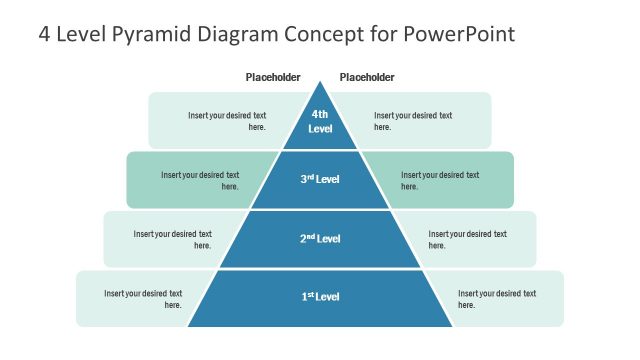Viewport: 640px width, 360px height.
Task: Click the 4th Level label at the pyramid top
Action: (320, 121)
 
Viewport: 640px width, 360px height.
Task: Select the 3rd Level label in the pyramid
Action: (320, 179)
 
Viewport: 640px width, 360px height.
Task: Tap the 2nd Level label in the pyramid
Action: (320, 239)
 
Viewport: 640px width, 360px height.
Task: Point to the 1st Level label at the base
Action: (320, 297)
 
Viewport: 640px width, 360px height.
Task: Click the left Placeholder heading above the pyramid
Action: (273, 77)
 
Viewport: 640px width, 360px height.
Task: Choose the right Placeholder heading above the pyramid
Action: (367, 77)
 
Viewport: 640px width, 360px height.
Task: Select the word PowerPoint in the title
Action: (460, 34)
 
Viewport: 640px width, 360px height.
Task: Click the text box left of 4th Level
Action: (227, 121)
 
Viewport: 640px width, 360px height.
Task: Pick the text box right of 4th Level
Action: (413, 121)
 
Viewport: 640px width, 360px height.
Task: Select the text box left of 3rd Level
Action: (200, 180)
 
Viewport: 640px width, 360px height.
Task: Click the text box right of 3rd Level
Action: (440, 180)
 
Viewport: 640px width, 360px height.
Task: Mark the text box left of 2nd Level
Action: (173, 239)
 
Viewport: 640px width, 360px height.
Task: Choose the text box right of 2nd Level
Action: (467, 239)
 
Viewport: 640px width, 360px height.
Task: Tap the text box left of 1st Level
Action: (144, 298)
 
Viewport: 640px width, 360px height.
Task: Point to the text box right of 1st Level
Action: (497, 298)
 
